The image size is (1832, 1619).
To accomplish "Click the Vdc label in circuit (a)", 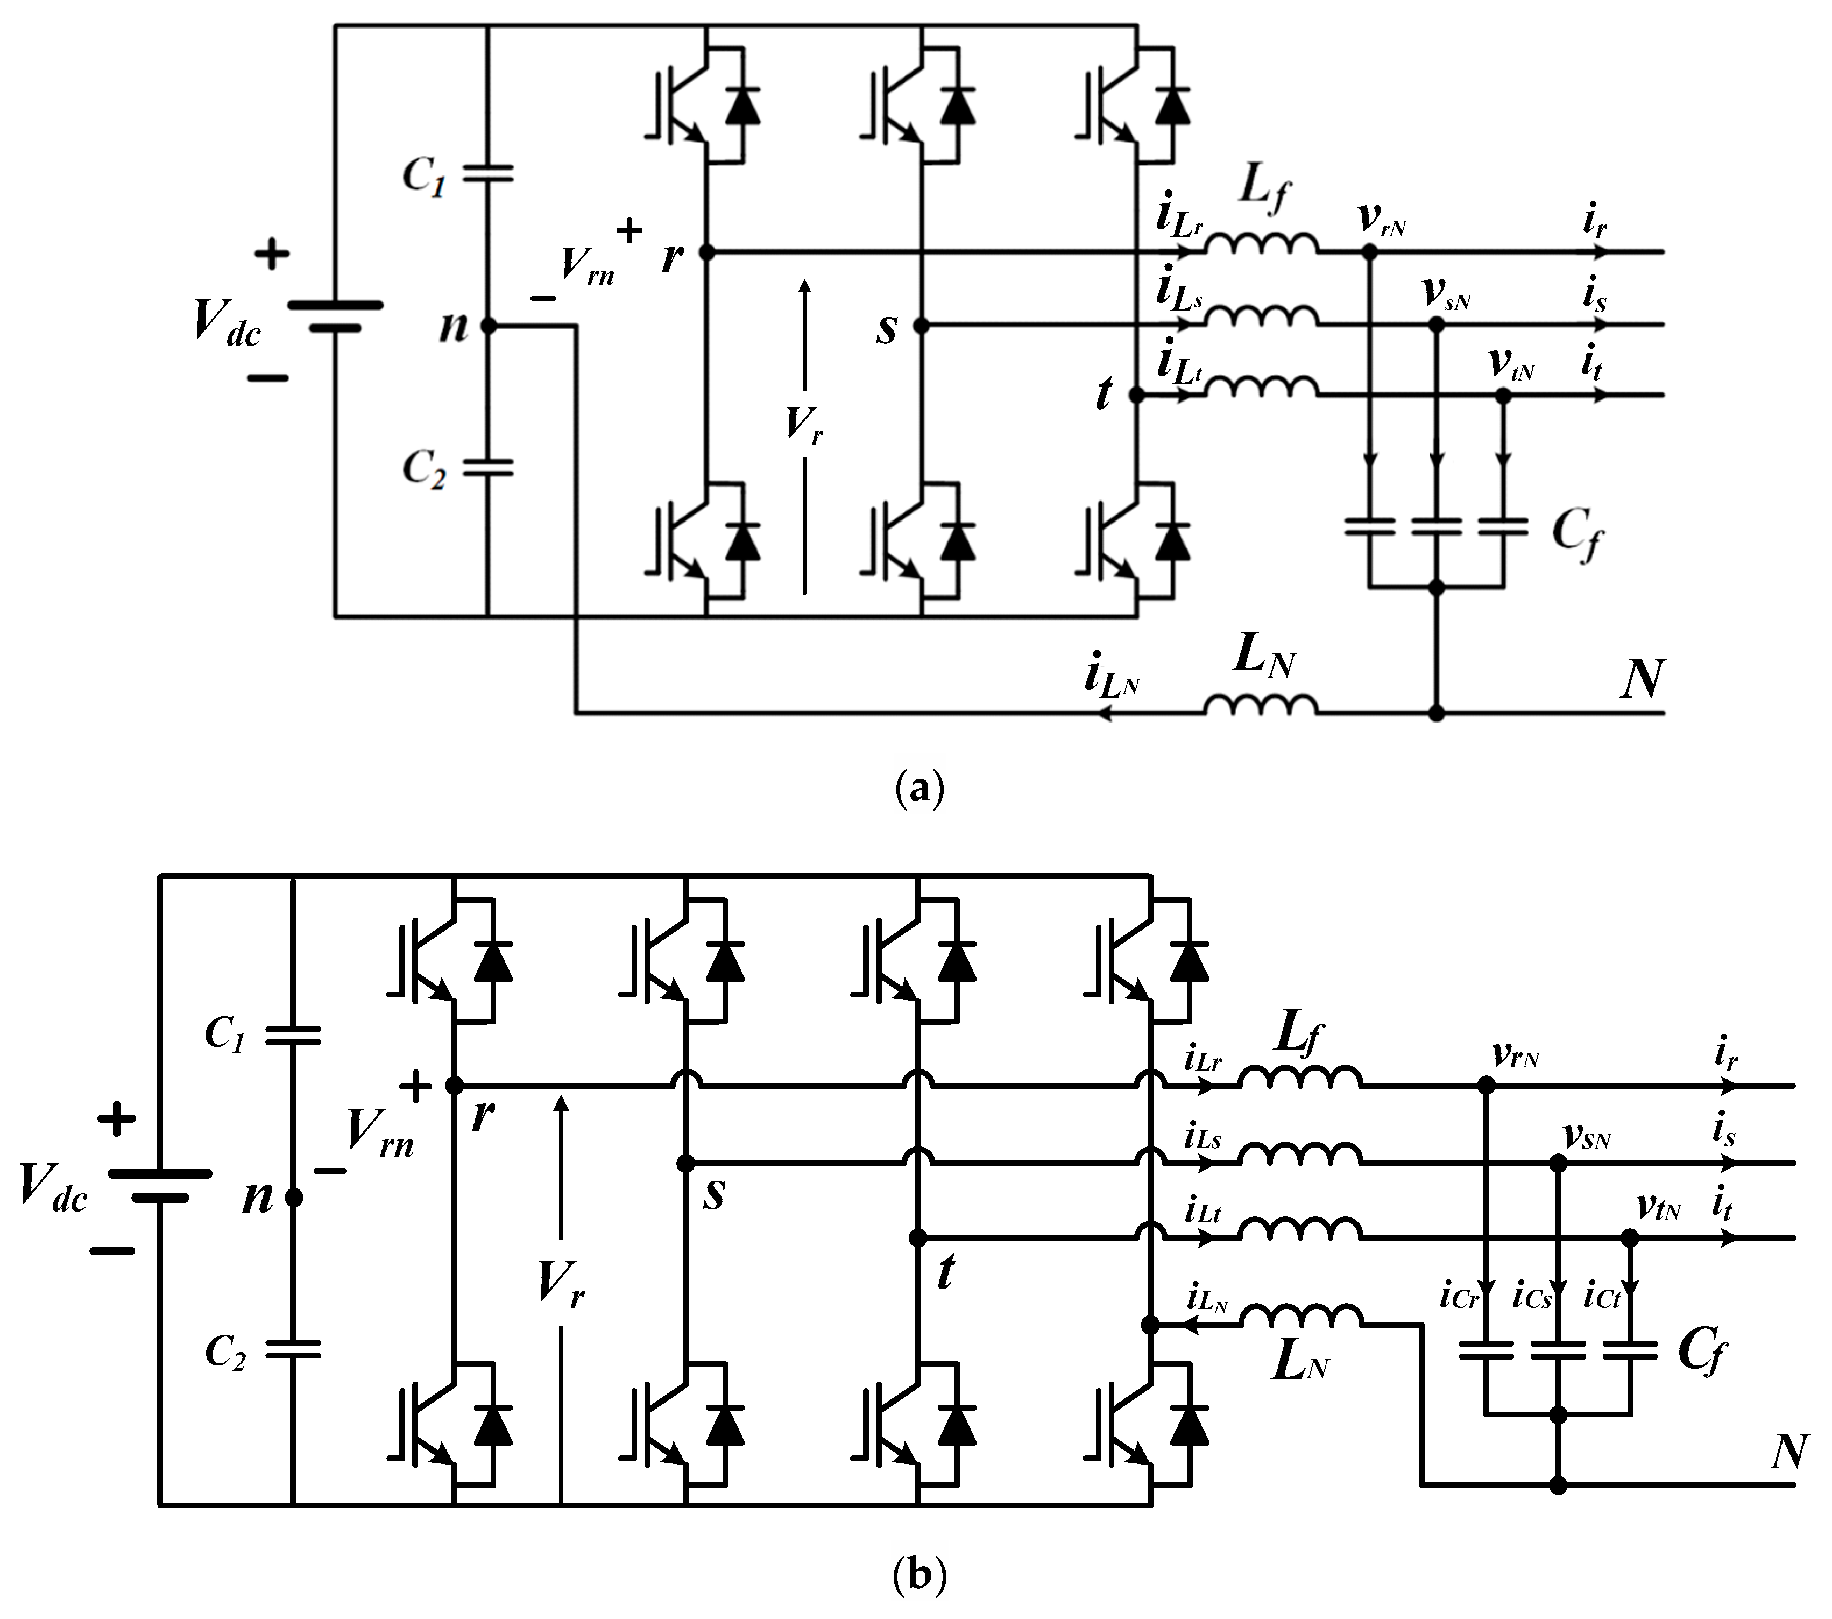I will click(x=227, y=323).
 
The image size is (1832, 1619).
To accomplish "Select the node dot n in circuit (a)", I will click(x=489, y=326).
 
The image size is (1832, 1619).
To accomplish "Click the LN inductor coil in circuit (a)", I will click(x=1261, y=706).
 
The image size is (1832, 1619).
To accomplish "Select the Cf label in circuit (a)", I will click(x=1578, y=535).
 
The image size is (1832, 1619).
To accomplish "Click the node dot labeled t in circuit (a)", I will click(x=1136, y=395).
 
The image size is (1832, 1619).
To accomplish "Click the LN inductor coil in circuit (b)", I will click(x=1302, y=1316).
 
